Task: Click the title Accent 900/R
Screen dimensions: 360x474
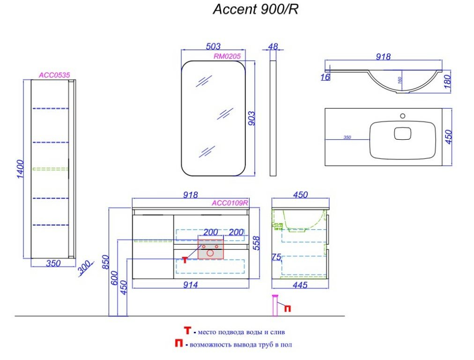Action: [x=255, y=10]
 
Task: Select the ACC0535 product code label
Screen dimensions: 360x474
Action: [x=54, y=75]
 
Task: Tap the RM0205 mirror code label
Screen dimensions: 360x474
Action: [x=227, y=56]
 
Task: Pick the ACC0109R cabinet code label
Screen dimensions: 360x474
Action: [x=230, y=203]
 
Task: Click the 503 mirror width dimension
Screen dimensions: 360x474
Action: [x=213, y=46]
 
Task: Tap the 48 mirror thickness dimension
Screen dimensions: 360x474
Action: [x=274, y=46]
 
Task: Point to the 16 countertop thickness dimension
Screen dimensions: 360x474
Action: [x=325, y=77]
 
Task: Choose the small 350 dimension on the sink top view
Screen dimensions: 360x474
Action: [x=347, y=137]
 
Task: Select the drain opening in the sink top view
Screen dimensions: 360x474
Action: [x=403, y=134]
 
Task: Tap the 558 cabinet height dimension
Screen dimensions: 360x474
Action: [x=256, y=242]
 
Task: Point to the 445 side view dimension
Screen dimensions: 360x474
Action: [x=300, y=285]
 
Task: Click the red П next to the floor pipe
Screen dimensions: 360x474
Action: [x=287, y=308]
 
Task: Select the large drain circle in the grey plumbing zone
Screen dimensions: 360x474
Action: [x=210, y=253]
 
